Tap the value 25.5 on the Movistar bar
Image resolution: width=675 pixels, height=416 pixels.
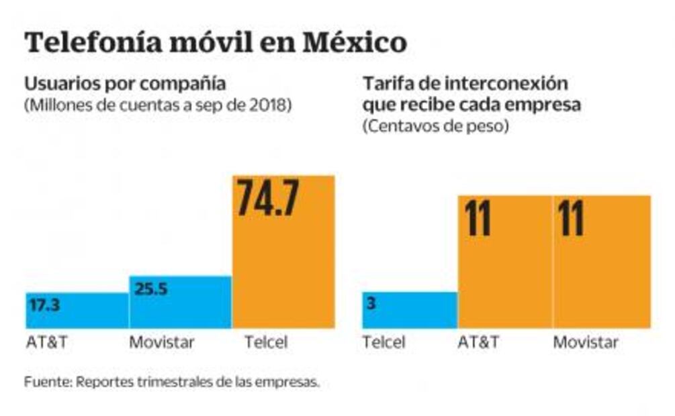(x=152, y=289)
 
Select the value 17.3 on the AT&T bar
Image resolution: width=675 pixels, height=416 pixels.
(x=45, y=306)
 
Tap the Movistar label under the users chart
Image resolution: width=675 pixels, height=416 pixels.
(x=161, y=342)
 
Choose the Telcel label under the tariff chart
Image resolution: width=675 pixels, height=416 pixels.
(x=384, y=342)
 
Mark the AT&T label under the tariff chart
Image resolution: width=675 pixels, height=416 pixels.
(x=478, y=342)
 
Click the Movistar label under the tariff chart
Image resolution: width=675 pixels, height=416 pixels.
(x=586, y=342)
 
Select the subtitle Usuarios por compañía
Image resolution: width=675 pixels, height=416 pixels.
(x=125, y=85)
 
